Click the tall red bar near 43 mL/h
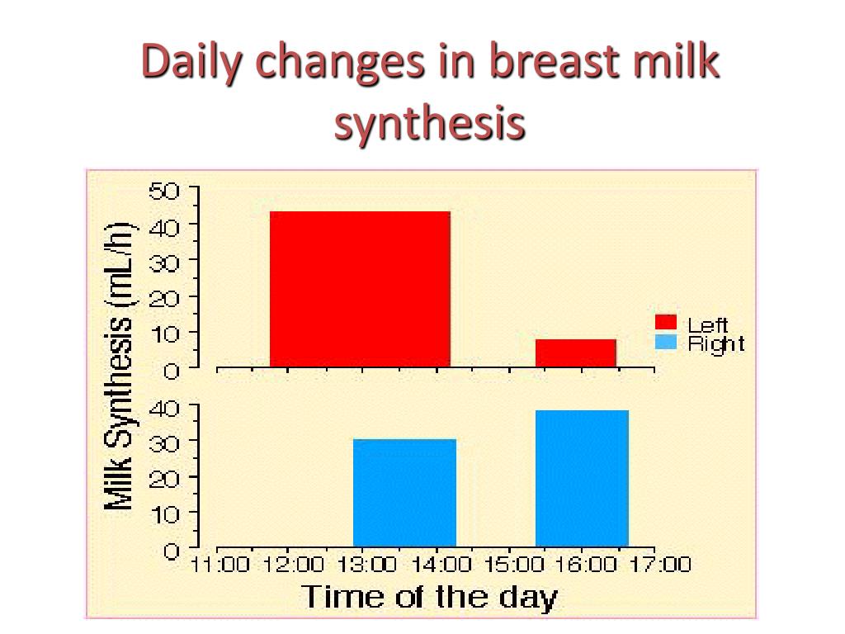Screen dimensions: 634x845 coord(360,289)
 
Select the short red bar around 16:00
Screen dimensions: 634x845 coord(576,352)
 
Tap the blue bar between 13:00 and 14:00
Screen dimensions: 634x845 coord(404,493)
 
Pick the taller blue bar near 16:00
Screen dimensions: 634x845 coord(582,479)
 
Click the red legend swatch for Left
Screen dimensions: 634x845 coord(666,323)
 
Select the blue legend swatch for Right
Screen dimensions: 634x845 coord(666,343)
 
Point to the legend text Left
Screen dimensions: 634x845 coord(708,325)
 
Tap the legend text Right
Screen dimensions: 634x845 coord(716,344)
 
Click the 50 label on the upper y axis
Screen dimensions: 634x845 coord(163,191)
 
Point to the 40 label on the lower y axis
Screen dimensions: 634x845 coord(163,406)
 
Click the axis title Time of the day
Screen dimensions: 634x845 coord(429,597)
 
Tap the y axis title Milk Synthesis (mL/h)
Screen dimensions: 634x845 coord(120,367)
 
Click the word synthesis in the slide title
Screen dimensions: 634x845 coord(429,122)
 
